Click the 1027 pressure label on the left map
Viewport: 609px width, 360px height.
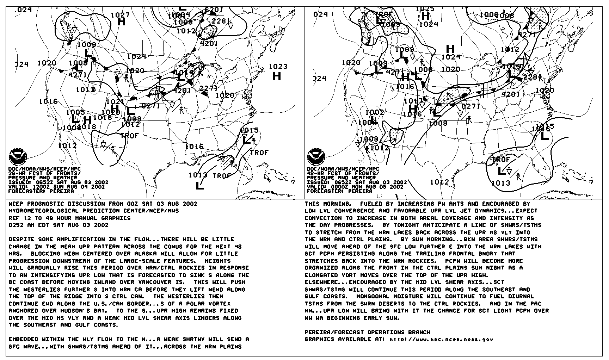120,15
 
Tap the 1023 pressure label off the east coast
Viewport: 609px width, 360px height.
278,66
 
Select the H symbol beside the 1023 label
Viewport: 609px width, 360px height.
277,76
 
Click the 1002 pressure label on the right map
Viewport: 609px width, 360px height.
374,112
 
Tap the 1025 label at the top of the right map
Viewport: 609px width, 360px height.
425,9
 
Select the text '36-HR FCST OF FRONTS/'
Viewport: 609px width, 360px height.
44,173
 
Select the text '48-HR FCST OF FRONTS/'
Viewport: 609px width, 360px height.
343,173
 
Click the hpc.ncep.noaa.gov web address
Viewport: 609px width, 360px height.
441,340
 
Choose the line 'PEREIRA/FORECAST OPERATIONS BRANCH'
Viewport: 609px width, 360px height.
367,332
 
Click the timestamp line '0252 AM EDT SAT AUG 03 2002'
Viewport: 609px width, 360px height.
58,225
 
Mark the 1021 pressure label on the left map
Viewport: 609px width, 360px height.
113,102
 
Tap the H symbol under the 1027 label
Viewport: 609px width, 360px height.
121,22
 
